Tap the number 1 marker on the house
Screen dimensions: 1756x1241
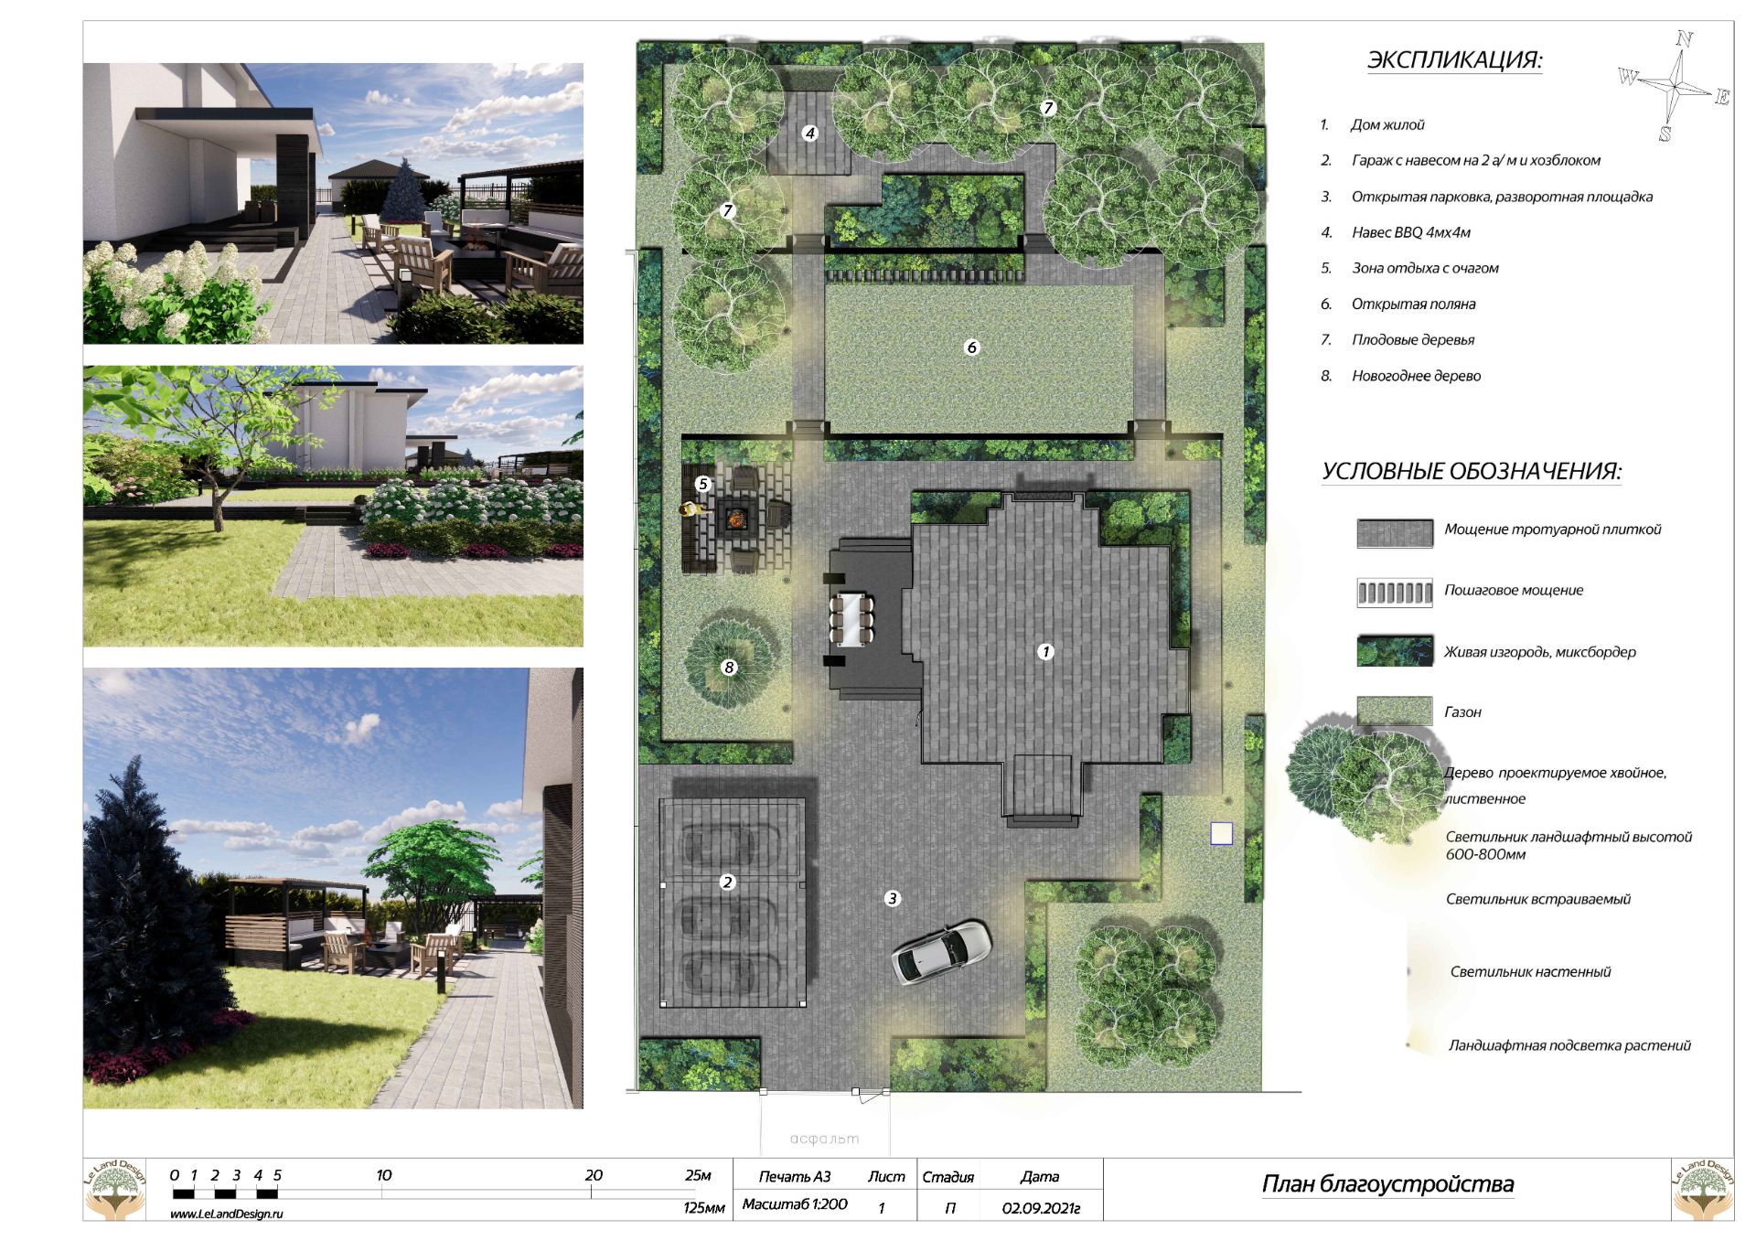point(1045,651)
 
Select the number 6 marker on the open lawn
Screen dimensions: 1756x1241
point(971,347)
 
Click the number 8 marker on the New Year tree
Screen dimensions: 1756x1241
point(729,667)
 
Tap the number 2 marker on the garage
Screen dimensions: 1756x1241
point(727,882)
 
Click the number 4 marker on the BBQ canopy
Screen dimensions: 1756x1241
point(809,133)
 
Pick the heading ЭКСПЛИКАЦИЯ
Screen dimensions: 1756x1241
point(1454,60)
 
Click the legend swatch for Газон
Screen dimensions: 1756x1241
point(1394,711)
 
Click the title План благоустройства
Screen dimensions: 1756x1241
point(1387,1184)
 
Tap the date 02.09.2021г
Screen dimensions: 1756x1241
point(1041,1208)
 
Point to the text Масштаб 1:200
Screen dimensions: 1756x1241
point(795,1204)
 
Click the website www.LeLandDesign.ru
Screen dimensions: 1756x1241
point(227,1214)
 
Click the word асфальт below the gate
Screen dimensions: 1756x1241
point(824,1139)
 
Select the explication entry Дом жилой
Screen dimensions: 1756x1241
point(1387,125)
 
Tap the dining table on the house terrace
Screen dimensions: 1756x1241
point(851,619)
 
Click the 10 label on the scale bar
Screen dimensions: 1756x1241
point(384,1175)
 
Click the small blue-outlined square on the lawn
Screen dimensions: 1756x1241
point(1221,833)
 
